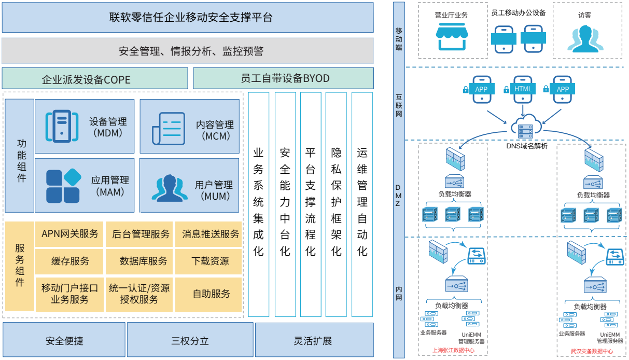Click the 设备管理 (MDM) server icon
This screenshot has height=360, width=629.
(x=62, y=127)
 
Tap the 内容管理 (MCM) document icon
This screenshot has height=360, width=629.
(x=169, y=129)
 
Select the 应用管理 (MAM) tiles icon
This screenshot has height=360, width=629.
(x=64, y=186)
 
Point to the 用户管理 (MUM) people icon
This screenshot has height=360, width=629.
(x=170, y=188)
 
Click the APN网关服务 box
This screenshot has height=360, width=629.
(x=69, y=234)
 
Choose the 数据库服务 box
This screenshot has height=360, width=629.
(x=139, y=261)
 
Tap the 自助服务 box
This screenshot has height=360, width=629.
(x=208, y=294)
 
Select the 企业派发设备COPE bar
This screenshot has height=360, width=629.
(x=95, y=78)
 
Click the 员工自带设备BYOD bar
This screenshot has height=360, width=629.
(x=283, y=78)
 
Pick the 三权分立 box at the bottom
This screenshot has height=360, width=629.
(x=190, y=340)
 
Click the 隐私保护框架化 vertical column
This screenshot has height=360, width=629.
(x=336, y=204)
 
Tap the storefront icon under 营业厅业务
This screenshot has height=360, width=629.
(x=452, y=36)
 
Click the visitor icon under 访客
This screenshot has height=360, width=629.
(x=585, y=39)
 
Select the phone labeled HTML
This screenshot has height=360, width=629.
(x=523, y=90)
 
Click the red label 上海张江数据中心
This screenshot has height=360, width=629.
(x=453, y=350)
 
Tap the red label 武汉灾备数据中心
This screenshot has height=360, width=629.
(x=592, y=351)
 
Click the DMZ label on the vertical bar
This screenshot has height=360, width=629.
(x=398, y=196)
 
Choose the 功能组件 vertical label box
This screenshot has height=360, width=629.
(x=19, y=156)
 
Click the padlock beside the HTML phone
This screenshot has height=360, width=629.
(x=506, y=90)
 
